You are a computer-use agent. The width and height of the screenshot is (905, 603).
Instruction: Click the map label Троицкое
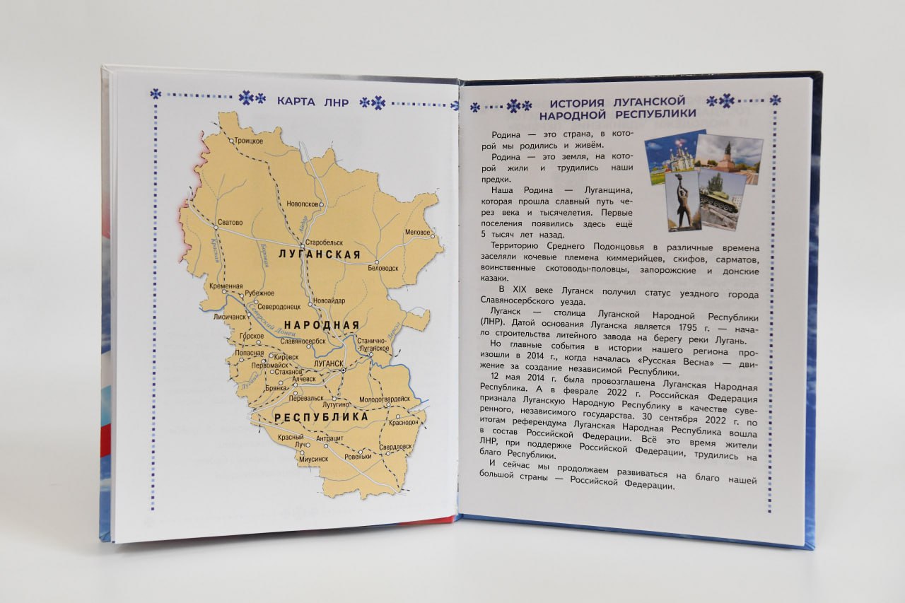[x=249, y=141]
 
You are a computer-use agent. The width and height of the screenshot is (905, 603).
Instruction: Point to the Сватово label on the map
[x=230, y=222]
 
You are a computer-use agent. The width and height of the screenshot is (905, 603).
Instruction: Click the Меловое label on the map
[x=417, y=233]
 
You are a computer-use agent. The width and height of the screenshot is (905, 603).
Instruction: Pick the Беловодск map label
[x=383, y=268]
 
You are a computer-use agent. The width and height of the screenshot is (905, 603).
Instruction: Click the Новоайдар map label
[x=329, y=299]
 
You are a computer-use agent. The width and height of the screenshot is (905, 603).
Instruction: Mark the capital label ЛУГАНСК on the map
[x=327, y=363]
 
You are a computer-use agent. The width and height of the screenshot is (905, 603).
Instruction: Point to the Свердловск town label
[x=395, y=447]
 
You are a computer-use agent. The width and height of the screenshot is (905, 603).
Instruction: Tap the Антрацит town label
[x=329, y=439]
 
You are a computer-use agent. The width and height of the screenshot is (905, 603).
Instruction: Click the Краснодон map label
[x=403, y=422]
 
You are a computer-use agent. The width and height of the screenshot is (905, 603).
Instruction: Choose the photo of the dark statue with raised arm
[x=682, y=204]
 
